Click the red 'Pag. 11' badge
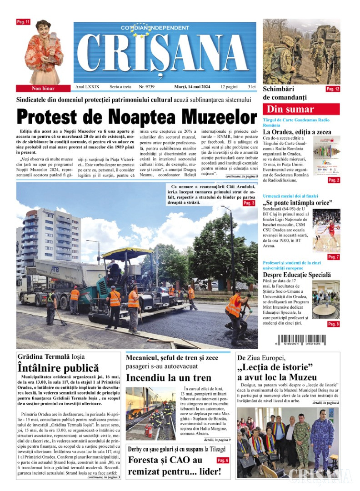point(23,22)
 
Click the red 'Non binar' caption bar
point(43,88)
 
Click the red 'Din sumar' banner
point(301,109)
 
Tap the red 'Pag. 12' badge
point(333,89)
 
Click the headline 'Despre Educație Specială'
point(297,275)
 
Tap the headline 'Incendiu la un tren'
point(168,378)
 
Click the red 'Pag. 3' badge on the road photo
point(249,203)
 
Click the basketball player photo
point(326,231)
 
